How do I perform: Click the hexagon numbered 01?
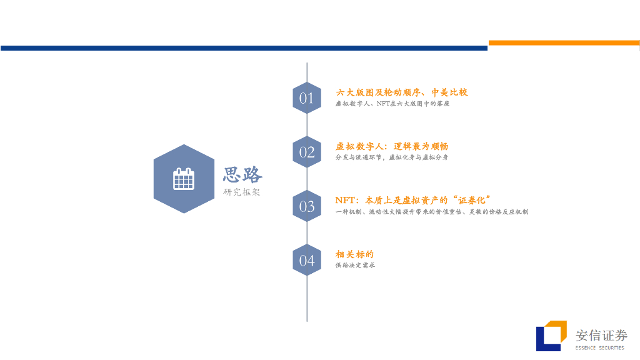[x=307, y=98]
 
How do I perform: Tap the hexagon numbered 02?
[x=307, y=152]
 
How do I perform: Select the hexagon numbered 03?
[x=307, y=206]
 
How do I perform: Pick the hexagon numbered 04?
[x=307, y=260]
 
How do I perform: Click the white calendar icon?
[x=184, y=179]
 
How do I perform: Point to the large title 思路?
[x=243, y=174]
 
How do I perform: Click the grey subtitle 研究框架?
[x=242, y=192]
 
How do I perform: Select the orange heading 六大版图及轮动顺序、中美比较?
[x=402, y=92]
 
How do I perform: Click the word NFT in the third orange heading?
[x=346, y=200]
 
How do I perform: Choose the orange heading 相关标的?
[x=354, y=254]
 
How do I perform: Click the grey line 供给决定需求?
[x=355, y=265]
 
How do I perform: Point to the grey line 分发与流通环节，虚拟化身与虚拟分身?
[x=391, y=157]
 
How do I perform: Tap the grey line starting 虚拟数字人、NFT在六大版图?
[x=392, y=104]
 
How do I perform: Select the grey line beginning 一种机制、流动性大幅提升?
[x=431, y=212]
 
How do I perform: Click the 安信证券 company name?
[x=601, y=336]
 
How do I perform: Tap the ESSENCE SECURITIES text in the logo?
[x=601, y=347]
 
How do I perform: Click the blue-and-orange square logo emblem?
[x=551, y=336]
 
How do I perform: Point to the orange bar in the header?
[x=564, y=43]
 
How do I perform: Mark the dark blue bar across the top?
[x=244, y=48]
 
